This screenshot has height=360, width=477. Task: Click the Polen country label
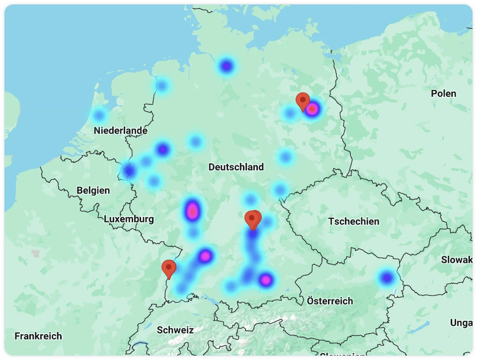(x=443, y=93)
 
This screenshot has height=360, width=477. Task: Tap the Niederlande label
(x=120, y=131)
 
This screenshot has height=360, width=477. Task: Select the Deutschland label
(x=236, y=167)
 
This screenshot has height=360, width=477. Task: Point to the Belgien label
(x=93, y=190)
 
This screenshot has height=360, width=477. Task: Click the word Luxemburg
(x=129, y=219)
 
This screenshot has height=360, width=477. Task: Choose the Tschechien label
(x=353, y=221)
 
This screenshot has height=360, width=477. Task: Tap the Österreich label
(x=329, y=301)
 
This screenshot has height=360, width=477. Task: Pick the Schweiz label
(x=175, y=330)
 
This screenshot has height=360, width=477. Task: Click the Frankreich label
(x=38, y=336)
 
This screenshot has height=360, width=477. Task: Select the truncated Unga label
(x=461, y=323)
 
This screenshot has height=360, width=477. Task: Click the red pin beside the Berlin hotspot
(x=303, y=101)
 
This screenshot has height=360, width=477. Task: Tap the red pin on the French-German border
(x=169, y=268)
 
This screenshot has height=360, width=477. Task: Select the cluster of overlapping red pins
(x=253, y=219)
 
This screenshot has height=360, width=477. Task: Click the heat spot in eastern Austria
(x=387, y=277)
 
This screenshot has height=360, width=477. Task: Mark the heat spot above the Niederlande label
(x=99, y=116)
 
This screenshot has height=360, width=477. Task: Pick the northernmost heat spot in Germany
(x=227, y=66)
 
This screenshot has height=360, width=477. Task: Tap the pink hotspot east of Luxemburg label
(x=192, y=211)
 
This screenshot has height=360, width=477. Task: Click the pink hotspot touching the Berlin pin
(x=312, y=109)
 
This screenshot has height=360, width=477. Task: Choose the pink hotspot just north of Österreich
(x=266, y=280)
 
